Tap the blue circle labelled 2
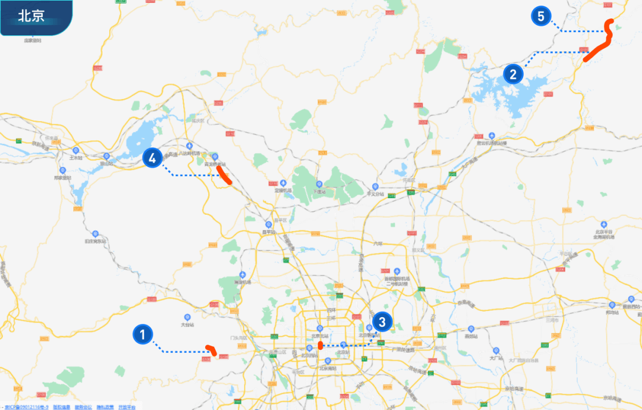513,74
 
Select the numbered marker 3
382,323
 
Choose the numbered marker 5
541,16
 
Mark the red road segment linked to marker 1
210,349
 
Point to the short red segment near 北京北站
320,345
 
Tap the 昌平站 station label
268,232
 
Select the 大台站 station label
187,325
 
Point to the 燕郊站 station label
471,336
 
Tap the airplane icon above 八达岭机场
189,145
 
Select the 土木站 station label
75,158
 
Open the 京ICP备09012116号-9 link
25,407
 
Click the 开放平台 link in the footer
127,407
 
